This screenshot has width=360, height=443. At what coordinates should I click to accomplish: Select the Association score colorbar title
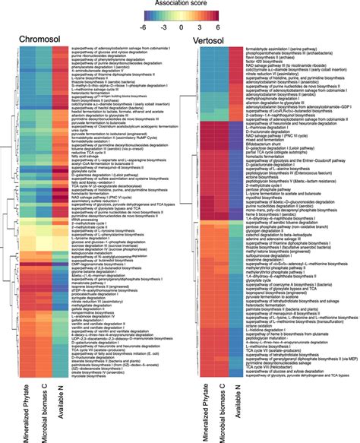point(180,4)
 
